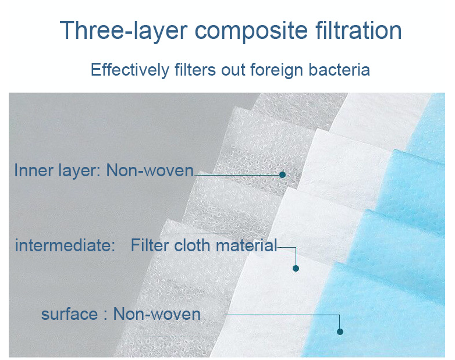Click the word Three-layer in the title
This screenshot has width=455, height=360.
[123, 30]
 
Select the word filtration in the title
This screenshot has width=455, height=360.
[358, 30]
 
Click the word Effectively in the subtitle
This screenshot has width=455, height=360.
[130, 70]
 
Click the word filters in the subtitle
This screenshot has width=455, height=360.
[195, 70]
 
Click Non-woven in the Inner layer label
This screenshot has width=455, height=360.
[150, 170]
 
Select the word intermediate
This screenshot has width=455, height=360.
[65, 245]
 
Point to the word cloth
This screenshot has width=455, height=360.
[192, 245]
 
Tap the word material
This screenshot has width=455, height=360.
[247, 245]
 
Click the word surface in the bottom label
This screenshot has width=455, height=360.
[70, 315]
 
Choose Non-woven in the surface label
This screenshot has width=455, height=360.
[157, 314]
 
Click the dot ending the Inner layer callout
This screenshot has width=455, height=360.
[282, 174]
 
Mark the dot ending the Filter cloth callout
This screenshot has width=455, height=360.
[296, 268]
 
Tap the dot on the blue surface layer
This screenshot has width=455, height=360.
[340, 332]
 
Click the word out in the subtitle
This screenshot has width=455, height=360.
[233, 70]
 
